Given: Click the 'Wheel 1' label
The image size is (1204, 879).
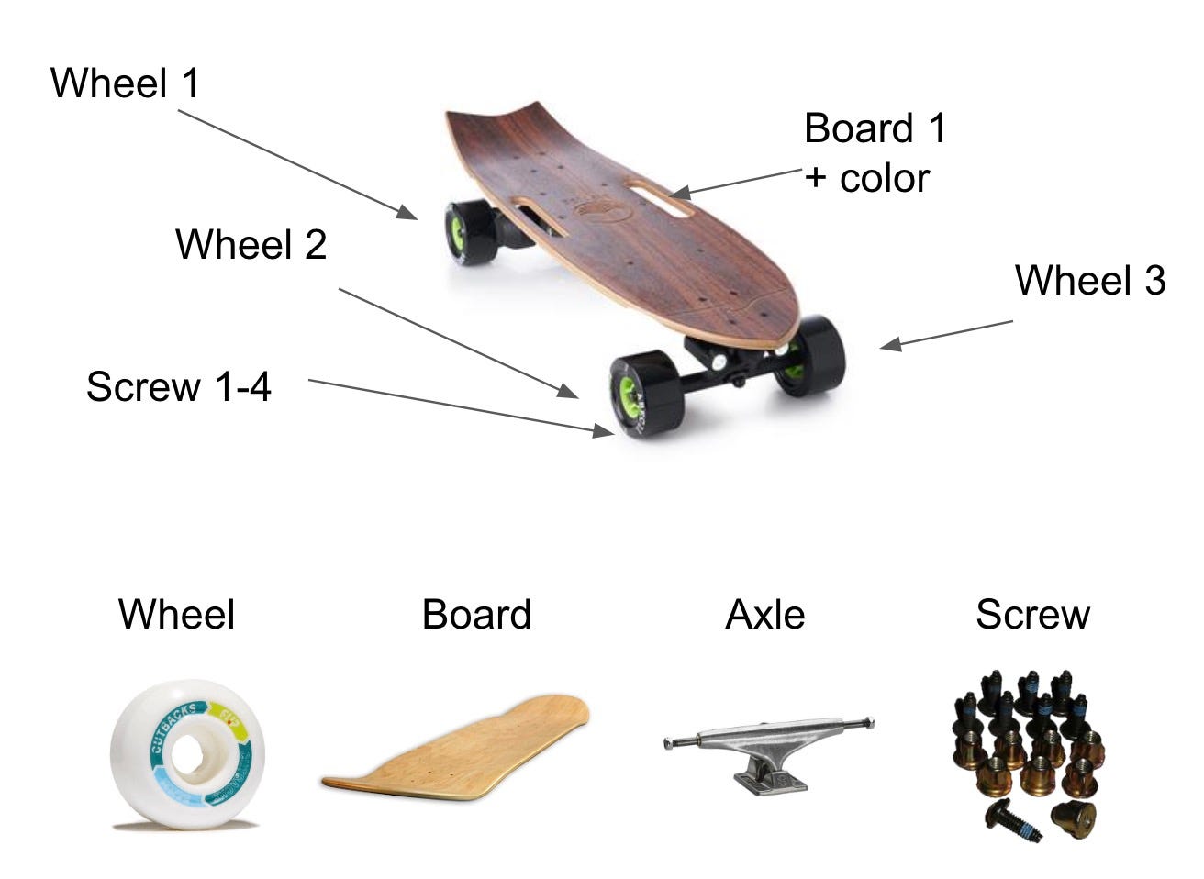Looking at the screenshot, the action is coord(125,83).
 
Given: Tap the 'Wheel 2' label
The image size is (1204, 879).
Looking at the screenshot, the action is coord(251,245).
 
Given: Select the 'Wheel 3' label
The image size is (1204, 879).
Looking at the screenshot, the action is coord(1089,280).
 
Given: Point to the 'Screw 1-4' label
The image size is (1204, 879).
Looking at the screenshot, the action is coord(179,386).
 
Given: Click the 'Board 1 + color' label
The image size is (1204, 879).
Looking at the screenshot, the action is coord(874,153).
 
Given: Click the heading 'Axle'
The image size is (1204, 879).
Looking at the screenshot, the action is coord(764,615).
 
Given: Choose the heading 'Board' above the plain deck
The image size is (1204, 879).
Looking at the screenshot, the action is coord(476,615).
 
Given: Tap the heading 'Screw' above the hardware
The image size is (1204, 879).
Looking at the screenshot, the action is coord(1032,615).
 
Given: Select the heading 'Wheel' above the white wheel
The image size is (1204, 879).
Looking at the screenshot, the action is coord(176,615).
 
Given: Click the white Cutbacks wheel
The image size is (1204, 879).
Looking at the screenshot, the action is coord(188,754).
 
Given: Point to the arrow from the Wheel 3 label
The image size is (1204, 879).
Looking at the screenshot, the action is coord(947,334).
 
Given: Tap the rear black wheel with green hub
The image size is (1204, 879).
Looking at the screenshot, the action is coord(467,234).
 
